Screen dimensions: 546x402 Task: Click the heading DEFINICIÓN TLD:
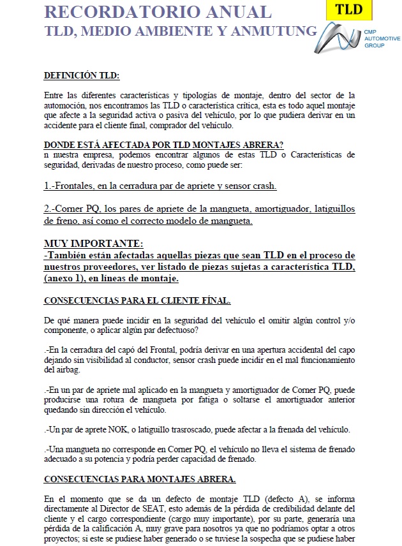pyautogui.click(x=81, y=76)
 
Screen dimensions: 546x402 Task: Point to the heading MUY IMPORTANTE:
pyautogui.click(x=94, y=244)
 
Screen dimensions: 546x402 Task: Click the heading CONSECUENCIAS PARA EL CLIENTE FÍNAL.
pyautogui.click(x=137, y=300)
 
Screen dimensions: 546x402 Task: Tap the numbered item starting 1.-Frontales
pyautogui.click(x=160, y=186)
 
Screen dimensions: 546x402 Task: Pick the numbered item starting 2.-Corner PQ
pyautogui.click(x=200, y=215)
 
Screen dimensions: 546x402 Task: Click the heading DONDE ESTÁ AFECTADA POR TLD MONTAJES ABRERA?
pyautogui.click(x=164, y=144)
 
